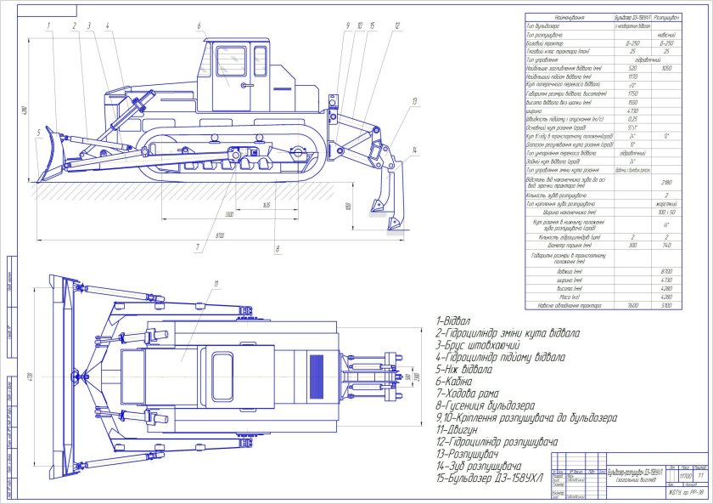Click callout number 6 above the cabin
click(198, 26)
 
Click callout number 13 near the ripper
click(414, 100)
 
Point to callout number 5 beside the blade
click(38, 133)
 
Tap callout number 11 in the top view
click(216, 283)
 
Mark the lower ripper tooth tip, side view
click(392, 227)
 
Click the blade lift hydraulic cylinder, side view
click(134, 109)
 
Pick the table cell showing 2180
click(666, 182)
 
